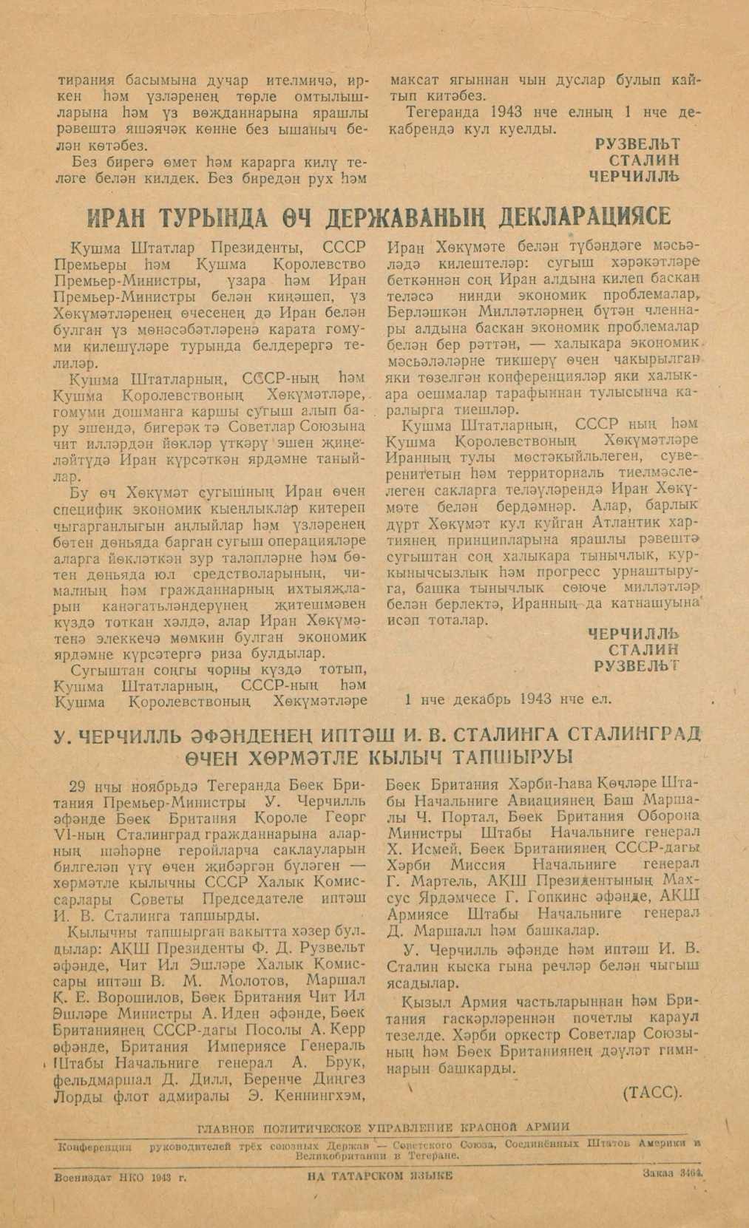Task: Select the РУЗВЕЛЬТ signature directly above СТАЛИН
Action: [637, 143]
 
